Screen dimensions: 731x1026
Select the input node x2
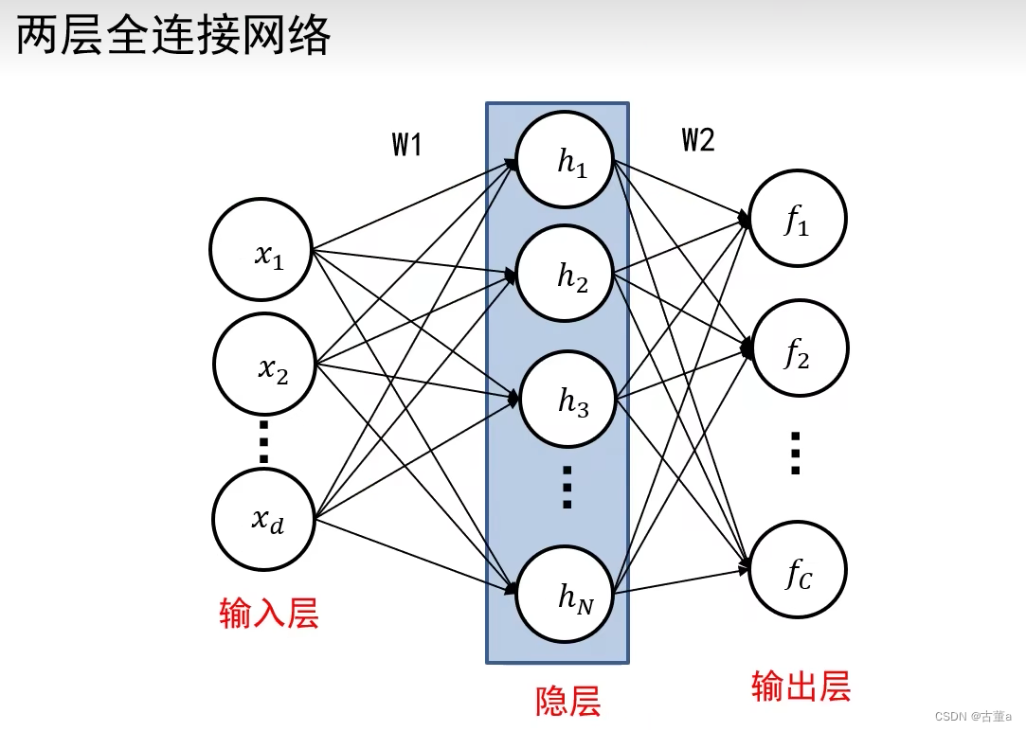point(264,364)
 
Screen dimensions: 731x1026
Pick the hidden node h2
point(565,275)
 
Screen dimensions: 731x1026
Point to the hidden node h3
point(567,400)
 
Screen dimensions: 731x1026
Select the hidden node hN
point(567,594)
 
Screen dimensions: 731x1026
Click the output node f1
point(797,219)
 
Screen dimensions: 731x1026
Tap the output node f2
point(799,348)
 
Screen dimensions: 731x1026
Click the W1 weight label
point(406,145)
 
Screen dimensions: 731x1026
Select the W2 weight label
point(698,140)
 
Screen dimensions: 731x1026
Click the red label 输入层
point(269,614)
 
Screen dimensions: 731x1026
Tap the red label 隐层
point(568,702)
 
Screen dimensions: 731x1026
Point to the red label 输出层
point(801,686)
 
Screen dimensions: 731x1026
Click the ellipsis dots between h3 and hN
point(567,487)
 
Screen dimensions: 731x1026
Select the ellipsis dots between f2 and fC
point(796,453)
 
